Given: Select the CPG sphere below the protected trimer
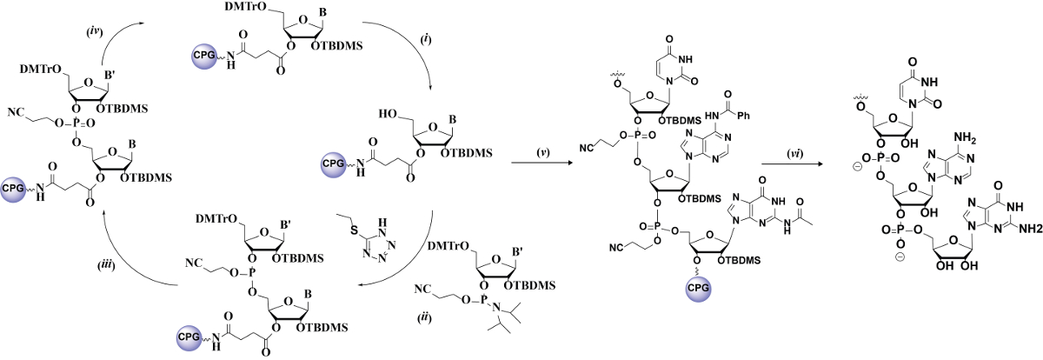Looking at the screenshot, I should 700,335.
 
